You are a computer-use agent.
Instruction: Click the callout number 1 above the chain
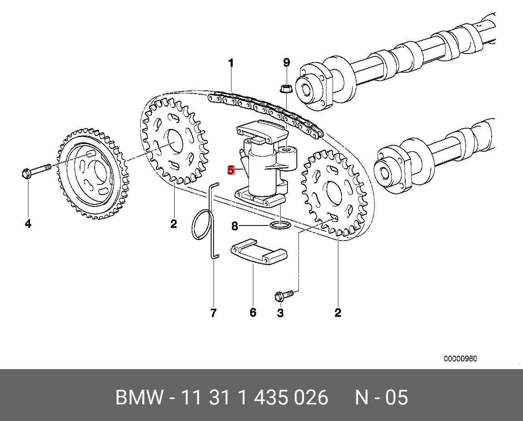231,63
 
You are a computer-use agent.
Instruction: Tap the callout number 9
287,62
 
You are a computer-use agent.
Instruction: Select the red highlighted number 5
231,170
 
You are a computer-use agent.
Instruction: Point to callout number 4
28,223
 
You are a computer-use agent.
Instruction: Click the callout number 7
214,313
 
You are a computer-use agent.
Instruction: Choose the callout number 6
253,313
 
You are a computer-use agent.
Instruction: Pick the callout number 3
280,313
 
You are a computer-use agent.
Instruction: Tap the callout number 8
234,226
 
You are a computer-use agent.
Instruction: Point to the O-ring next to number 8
280,225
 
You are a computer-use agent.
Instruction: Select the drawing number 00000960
460,359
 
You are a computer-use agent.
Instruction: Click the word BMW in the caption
139,397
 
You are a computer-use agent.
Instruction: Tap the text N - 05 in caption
381,397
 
